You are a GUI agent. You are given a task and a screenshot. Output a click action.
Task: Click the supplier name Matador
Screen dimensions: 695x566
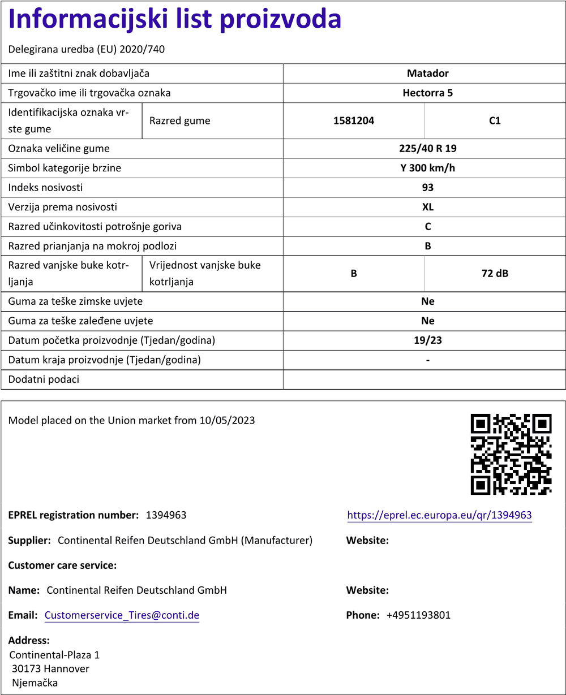tap(427, 74)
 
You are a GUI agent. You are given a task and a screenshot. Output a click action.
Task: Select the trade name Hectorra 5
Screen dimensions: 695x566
tap(427, 93)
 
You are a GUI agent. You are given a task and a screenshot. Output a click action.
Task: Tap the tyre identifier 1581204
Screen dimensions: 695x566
tap(354, 120)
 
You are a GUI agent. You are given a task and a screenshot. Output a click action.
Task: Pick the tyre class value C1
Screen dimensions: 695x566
tap(495, 120)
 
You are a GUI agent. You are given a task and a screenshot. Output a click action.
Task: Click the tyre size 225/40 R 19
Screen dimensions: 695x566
tap(427, 149)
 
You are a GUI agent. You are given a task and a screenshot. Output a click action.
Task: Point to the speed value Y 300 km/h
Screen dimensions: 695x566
tap(427, 168)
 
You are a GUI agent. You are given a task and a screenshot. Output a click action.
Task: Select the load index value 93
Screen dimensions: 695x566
tap(427, 187)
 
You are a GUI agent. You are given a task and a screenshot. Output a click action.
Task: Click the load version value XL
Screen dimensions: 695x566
tap(427, 207)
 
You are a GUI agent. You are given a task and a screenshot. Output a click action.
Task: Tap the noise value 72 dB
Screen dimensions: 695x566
tap(495, 274)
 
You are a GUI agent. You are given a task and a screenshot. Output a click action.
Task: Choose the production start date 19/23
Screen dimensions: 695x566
tap(427, 340)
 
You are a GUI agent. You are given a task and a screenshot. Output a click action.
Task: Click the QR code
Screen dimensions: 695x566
tap(511, 454)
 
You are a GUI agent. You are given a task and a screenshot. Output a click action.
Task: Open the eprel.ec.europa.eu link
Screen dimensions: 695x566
tap(439, 515)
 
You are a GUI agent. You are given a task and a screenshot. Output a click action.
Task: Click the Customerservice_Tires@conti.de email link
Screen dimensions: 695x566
tap(122, 615)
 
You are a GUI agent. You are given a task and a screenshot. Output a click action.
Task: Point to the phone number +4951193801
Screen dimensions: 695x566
tap(418, 615)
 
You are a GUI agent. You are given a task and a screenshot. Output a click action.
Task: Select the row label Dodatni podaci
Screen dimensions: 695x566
tap(44, 379)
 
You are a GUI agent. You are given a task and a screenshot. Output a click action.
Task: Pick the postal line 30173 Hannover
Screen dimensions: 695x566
tap(50, 669)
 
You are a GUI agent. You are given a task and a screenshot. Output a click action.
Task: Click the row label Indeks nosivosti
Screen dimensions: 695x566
tap(45, 187)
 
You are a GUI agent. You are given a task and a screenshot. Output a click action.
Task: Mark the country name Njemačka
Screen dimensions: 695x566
tap(35, 683)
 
